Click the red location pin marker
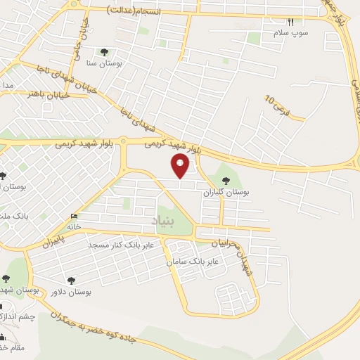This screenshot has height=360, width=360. click(181, 166)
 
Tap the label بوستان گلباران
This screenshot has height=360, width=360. click(227, 191)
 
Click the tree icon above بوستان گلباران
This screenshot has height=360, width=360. click(226, 180)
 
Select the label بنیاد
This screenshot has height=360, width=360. click(166, 221)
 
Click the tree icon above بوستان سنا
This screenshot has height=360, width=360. click(105, 51)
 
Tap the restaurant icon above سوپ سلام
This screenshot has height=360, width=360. click(291, 22)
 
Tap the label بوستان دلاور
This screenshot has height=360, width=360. click(72, 291)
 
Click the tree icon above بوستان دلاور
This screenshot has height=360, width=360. click(70, 280)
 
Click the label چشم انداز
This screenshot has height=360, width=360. click(17, 317)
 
